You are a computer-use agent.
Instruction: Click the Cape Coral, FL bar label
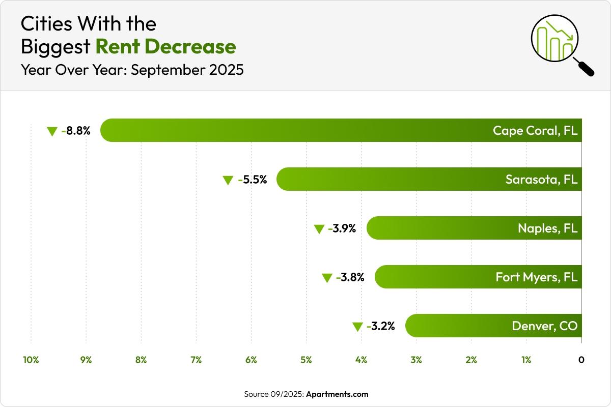pos(535,131)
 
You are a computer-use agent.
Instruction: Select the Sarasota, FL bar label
pos(541,180)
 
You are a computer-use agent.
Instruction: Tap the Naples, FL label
pos(547,228)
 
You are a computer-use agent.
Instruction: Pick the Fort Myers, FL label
pos(536,277)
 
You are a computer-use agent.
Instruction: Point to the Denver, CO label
pos(545,326)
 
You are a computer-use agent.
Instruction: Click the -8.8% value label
pos(76,131)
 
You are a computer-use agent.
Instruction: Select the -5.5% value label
pos(252,180)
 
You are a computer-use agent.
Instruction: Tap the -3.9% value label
pos(342,228)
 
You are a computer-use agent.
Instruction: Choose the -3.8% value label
pos(350,277)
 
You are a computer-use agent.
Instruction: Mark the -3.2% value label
pos(381,326)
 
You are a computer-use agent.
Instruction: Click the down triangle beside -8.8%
pos(52,131)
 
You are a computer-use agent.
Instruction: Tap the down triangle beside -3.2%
pos(357,327)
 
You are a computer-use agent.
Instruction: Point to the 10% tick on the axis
pos(31,360)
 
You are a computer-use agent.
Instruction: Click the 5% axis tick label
pos(306,360)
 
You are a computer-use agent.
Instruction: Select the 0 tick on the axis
pos(581,360)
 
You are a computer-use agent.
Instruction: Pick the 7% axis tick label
pos(196,360)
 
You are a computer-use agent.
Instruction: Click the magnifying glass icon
pos(560,43)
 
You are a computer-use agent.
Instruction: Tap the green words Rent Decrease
pos(165,47)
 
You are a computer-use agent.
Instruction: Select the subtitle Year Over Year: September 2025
pos(132,70)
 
